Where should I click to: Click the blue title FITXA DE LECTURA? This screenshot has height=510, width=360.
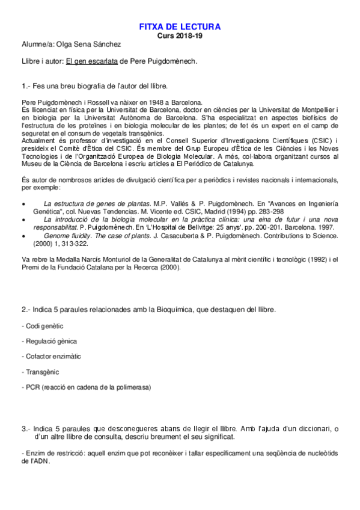pyautogui.click(x=180, y=26)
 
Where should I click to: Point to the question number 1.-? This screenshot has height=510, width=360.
pyautogui.click(x=26, y=85)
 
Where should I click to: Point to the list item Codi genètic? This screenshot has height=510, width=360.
pyautogui.click(x=44, y=325)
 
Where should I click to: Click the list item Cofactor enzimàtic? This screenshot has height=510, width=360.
pyautogui.click(x=53, y=357)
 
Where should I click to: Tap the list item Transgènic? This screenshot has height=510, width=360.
pyautogui.click(x=43, y=372)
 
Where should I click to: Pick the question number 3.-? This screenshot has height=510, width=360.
pyautogui.click(x=26, y=429)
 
